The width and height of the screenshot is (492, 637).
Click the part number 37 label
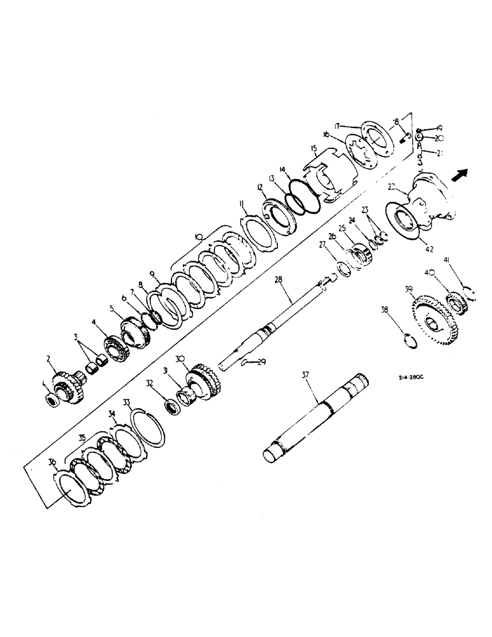305,376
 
